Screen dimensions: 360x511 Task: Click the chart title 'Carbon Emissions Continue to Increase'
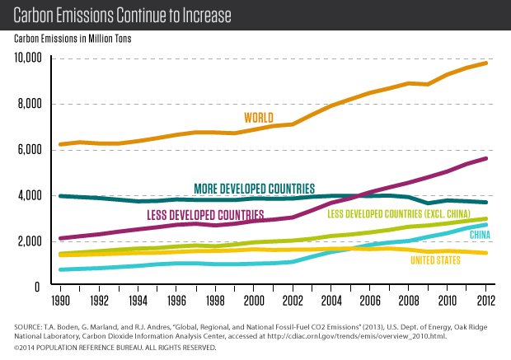coord(122,15)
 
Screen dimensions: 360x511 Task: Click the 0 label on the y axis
coord(43,287)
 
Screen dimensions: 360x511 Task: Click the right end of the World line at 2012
coord(486,63)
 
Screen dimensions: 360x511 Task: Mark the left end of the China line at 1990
coord(60,269)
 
